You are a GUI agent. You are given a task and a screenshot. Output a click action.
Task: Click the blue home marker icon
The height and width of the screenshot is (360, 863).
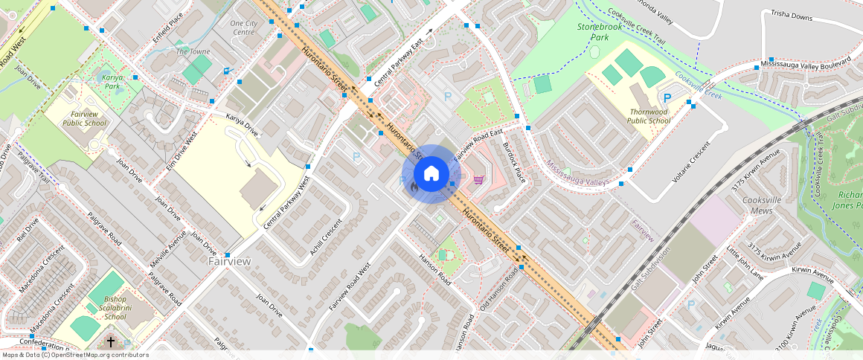tap(431, 174)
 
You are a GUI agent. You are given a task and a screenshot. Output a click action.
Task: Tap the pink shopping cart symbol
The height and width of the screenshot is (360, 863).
tap(479, 179)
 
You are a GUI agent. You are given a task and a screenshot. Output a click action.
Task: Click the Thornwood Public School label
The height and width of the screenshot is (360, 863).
tap(648, 116)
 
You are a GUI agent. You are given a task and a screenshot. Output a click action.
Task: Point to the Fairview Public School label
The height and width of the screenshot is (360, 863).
tap(84, 118)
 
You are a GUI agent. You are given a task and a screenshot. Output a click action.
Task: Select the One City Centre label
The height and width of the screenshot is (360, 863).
tap(243, 28)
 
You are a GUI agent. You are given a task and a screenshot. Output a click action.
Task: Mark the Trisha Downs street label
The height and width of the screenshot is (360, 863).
tap(792, 16)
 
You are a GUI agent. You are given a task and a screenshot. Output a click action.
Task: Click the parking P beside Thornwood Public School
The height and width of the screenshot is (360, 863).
tap(667, 97)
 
